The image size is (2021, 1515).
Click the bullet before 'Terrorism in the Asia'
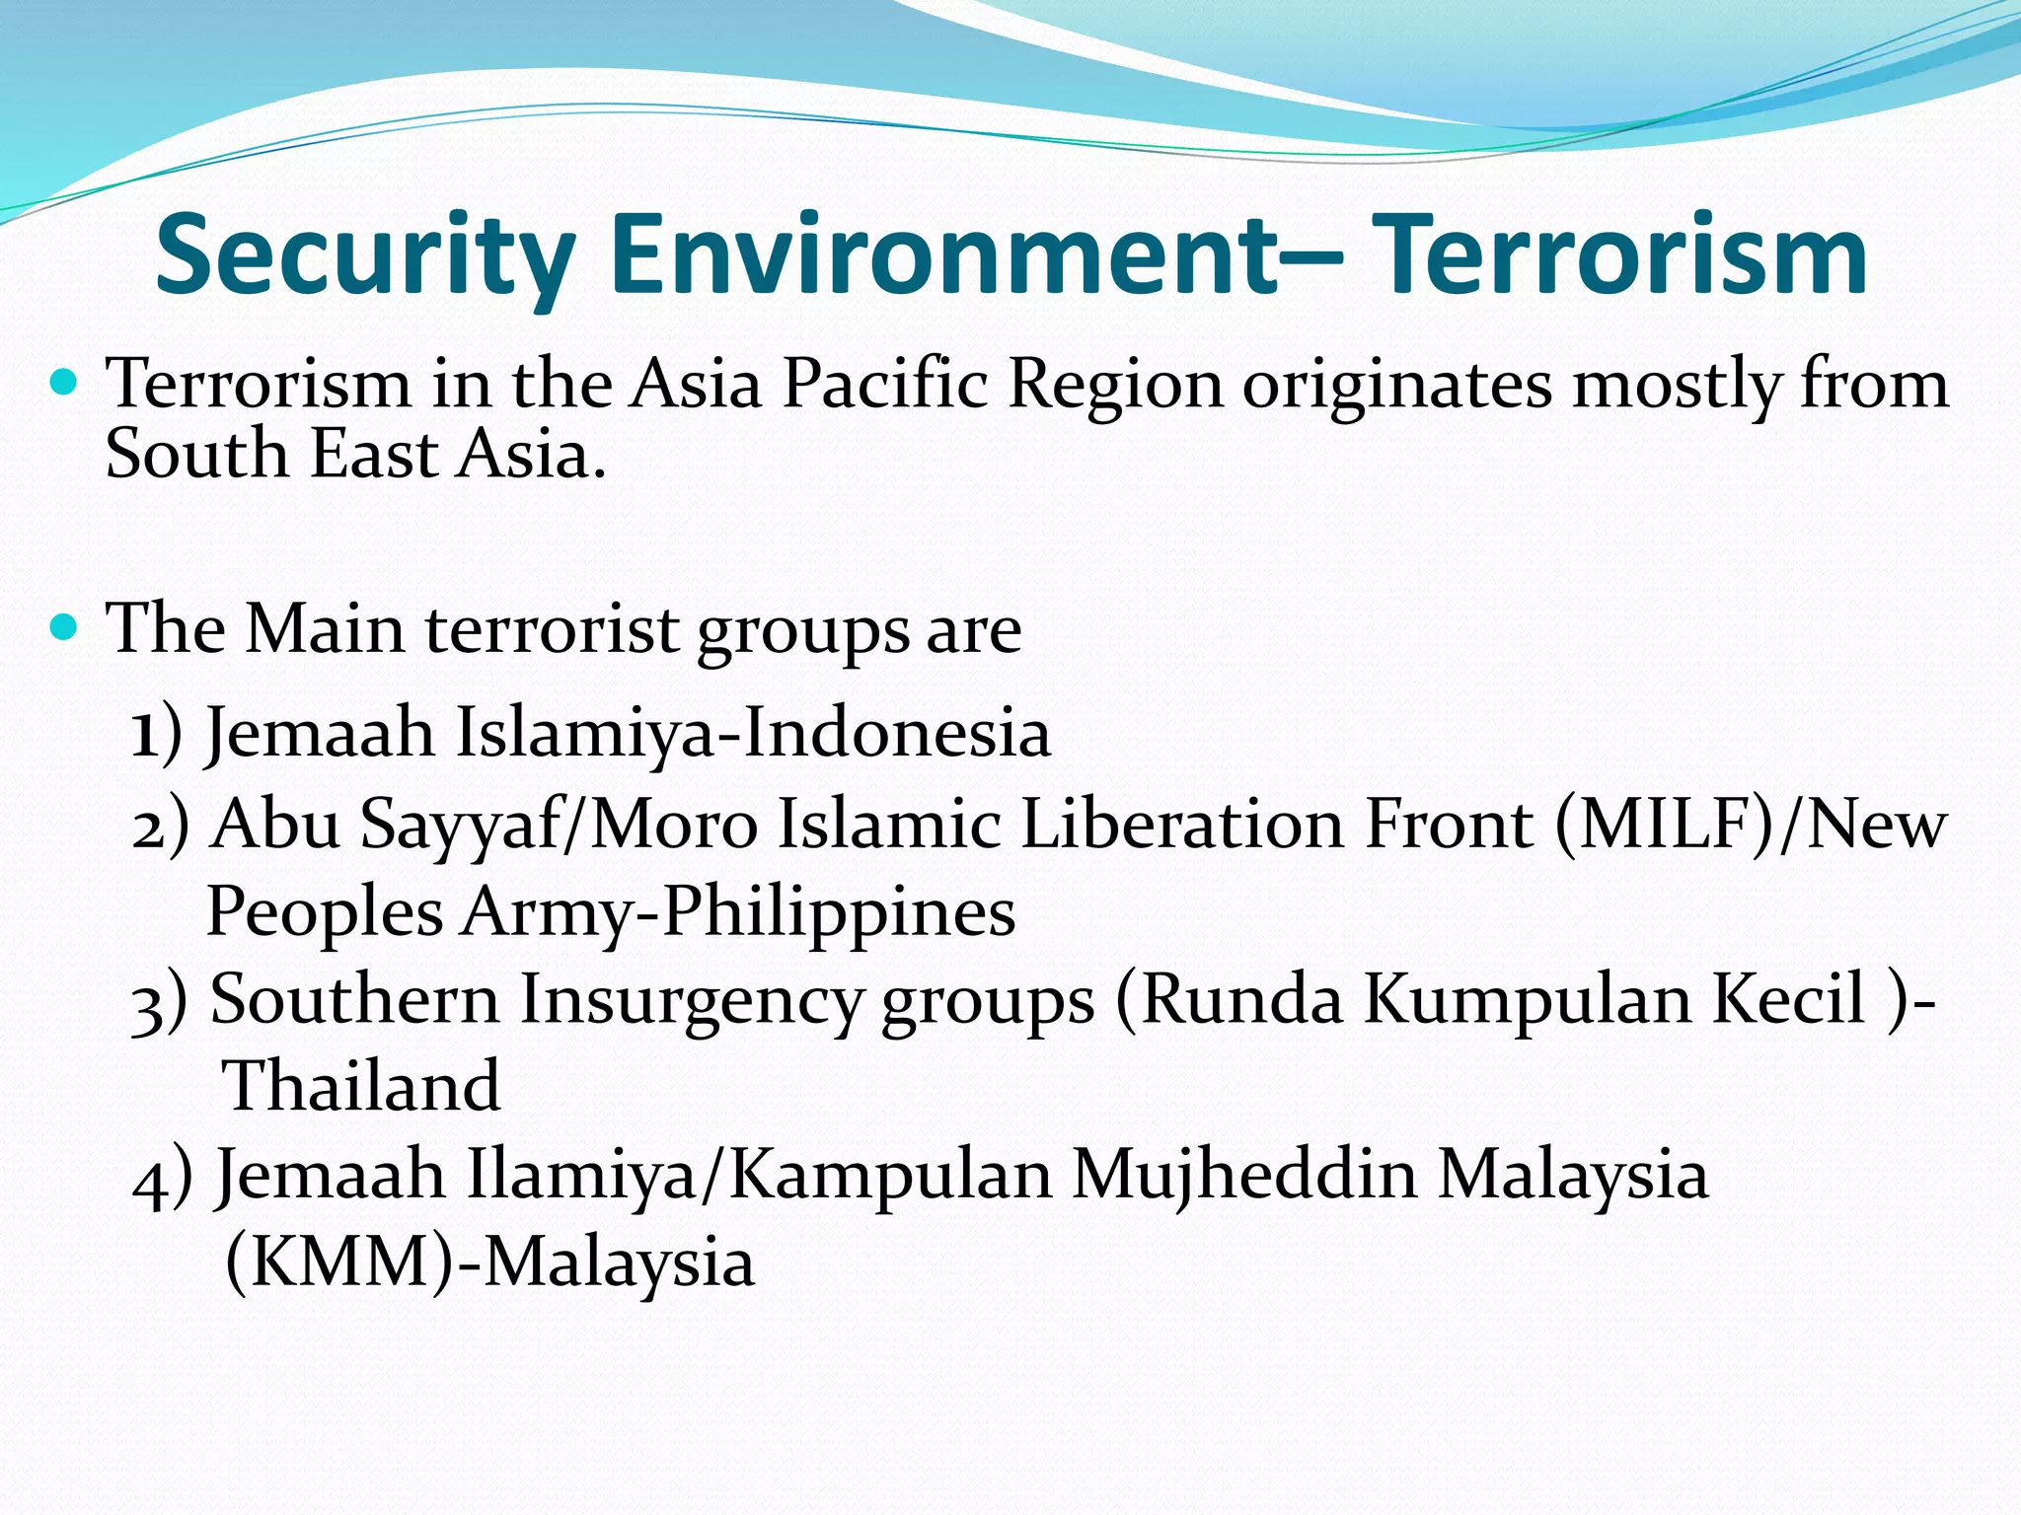point(63,381)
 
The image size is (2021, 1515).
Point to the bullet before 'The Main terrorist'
point(63,625)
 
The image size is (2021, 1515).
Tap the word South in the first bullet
point(196,455)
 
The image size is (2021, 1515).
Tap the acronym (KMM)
point(340,1262)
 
